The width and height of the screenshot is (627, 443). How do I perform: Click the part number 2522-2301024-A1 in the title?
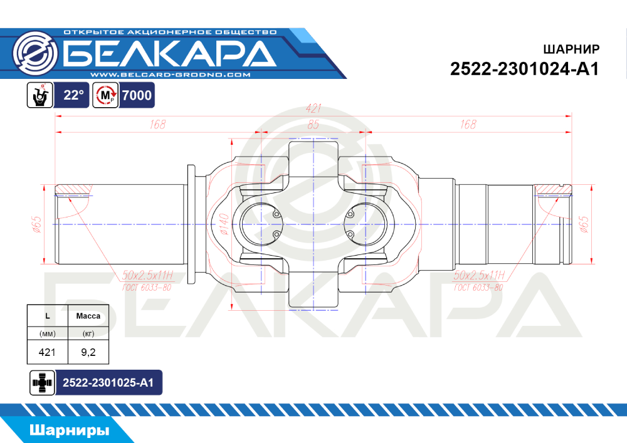[525, 69]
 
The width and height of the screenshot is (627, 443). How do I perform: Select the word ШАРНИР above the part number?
[571, 49]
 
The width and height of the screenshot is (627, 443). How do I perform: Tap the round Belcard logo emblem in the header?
[35, 53]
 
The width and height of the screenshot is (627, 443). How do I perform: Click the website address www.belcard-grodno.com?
[171, 75]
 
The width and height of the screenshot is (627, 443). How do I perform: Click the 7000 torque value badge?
[137, 95]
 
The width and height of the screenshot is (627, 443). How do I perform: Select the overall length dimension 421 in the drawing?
[313, 108]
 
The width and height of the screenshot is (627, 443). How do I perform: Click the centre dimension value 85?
[313, 125]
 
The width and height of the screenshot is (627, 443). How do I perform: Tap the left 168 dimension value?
[157, 125]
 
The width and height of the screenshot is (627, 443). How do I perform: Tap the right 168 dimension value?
[468, 125]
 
